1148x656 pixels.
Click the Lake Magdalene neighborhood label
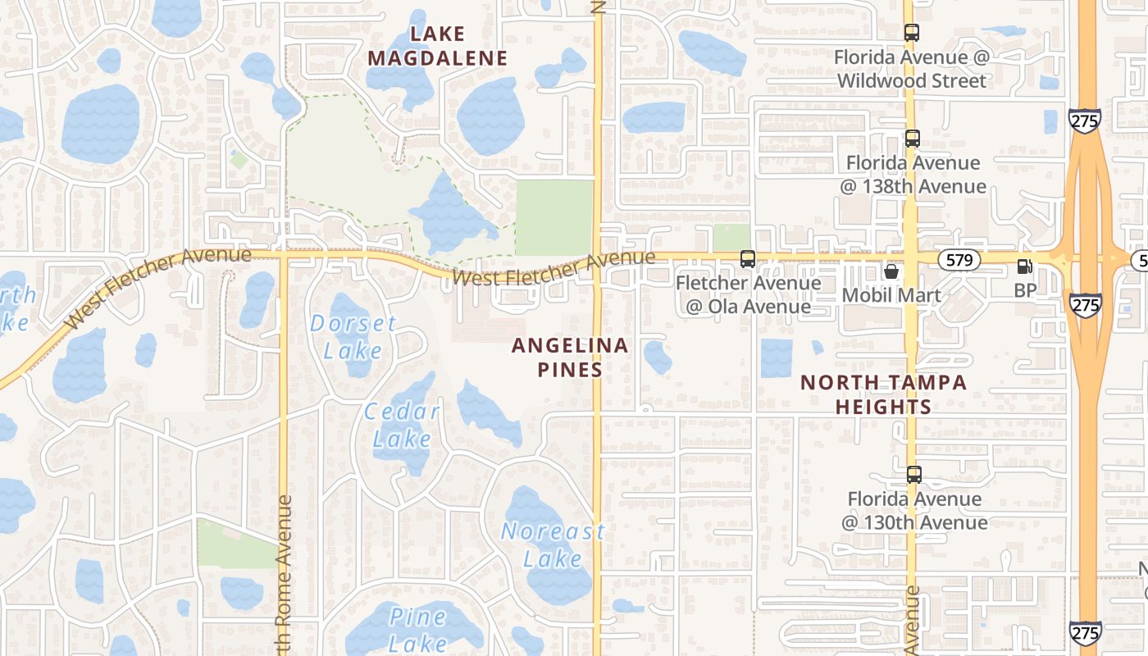[438, 46]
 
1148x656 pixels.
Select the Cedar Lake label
[402, 425]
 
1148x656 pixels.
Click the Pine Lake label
[418, 629]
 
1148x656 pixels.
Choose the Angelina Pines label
[570, 357]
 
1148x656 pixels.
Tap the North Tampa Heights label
[883, 394]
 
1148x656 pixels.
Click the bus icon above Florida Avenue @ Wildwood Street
[912, 33]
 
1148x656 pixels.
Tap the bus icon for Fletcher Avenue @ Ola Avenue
[748, 259]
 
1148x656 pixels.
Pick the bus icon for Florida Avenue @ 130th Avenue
[913, 475]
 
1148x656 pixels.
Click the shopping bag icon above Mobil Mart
[891, 271]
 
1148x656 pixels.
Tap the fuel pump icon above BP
[1024, 266]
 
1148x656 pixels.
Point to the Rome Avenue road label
[284, 574]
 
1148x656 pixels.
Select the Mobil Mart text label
[891, 294]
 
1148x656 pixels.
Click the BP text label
[1025, 289]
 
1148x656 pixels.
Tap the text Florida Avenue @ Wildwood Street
[912, 69]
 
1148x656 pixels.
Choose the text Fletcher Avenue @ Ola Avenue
[748, 294]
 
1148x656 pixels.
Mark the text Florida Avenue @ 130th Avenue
[914, 510]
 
